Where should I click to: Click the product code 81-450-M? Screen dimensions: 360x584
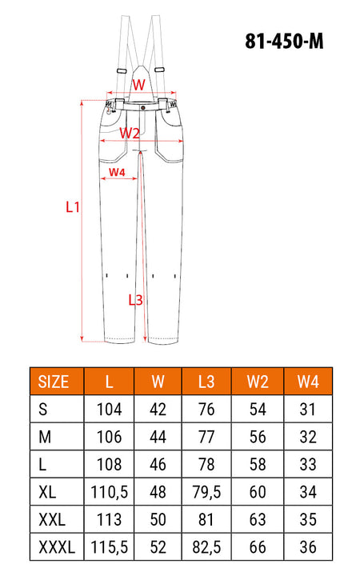point(284,41)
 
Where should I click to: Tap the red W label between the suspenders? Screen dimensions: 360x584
point(138,85)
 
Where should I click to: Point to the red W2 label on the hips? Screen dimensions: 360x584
point(129,133)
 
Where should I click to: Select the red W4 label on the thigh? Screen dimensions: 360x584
point(117,172)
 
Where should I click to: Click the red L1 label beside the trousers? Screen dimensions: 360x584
point(73,206)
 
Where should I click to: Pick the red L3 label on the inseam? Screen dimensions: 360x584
point(135,300)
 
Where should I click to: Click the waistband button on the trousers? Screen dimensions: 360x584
point(143,108)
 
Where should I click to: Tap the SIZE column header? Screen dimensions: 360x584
point(54,382)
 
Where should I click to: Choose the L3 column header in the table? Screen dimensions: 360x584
point(206,382)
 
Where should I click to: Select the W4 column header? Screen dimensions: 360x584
point(308,382)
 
